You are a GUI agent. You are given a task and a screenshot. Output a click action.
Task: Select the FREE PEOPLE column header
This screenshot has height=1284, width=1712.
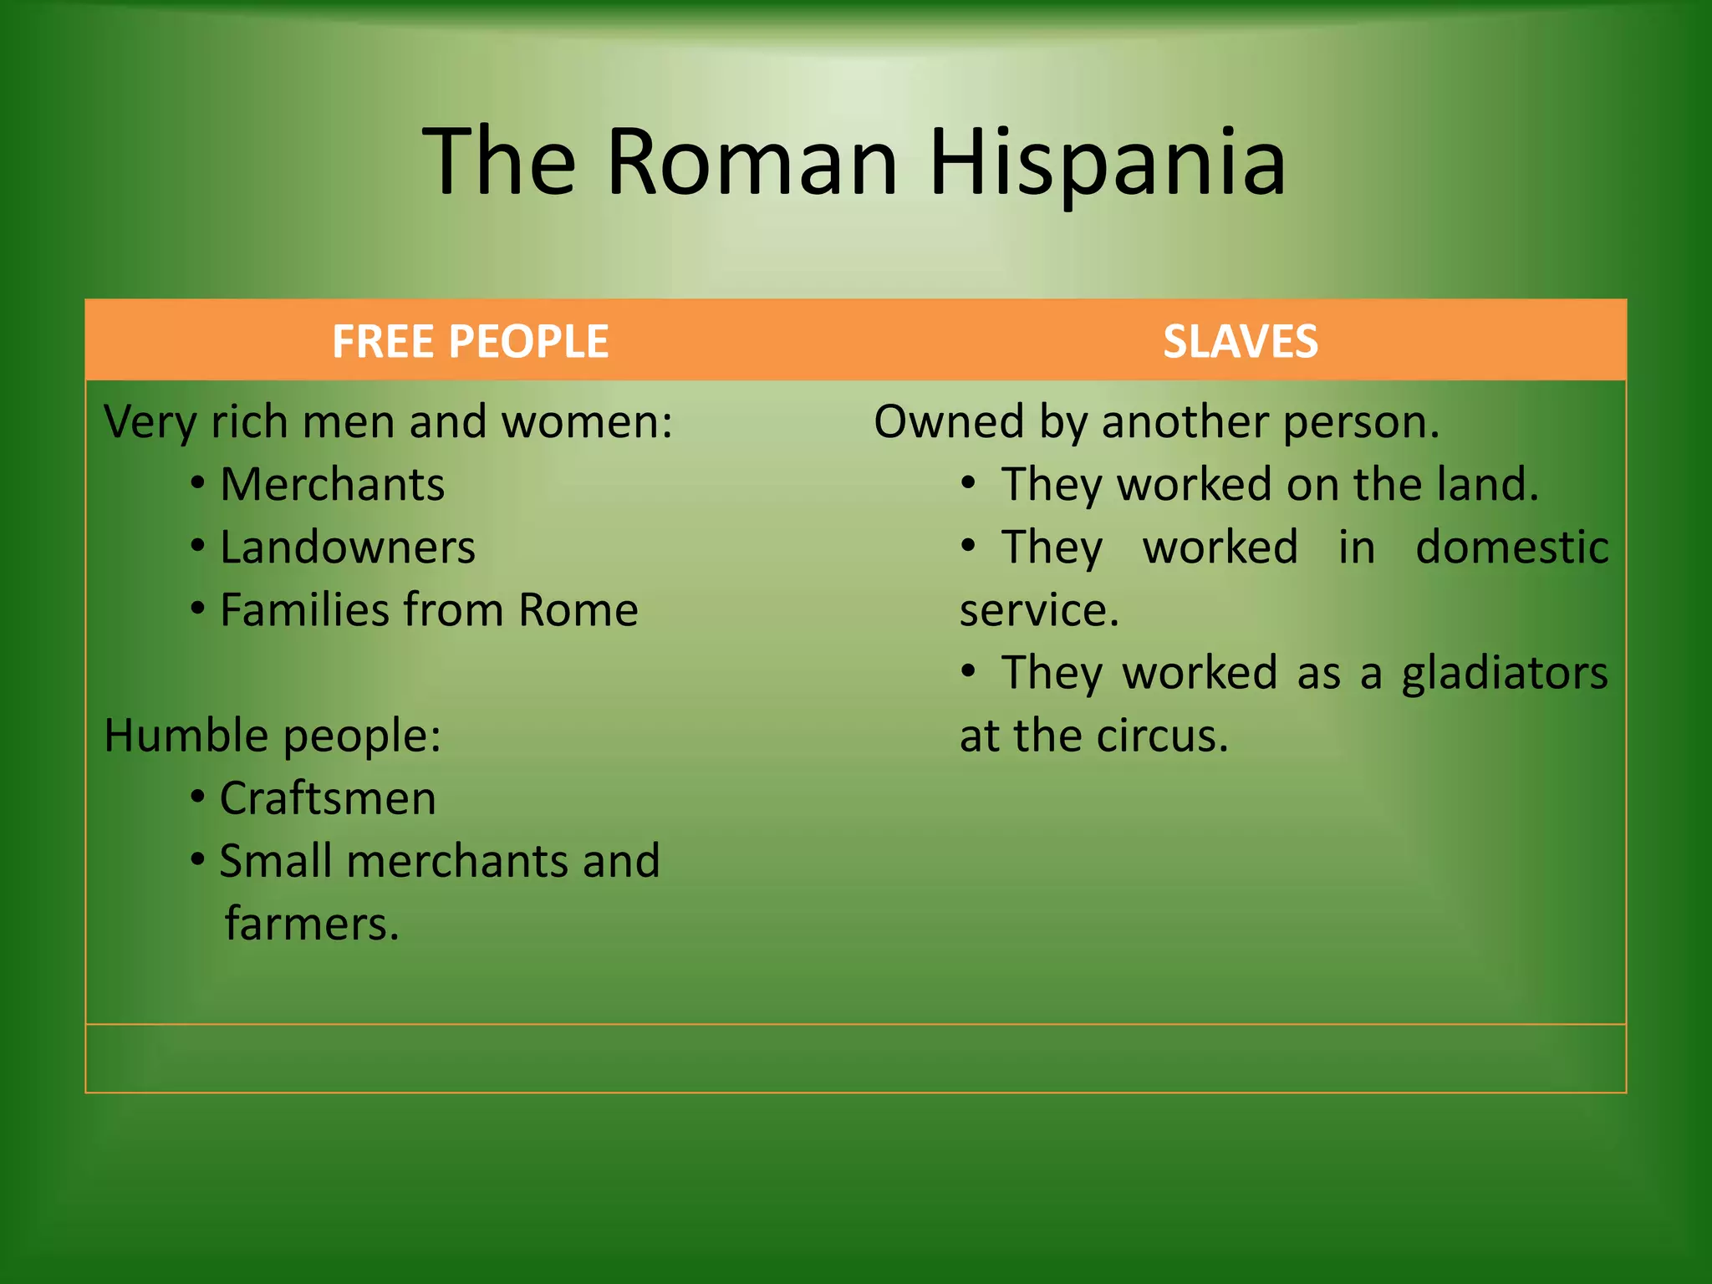pyautogui.click(x=470, y=341)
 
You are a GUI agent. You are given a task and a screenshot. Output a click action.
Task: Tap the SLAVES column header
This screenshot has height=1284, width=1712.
pyautogui.click(x=1241, y=341)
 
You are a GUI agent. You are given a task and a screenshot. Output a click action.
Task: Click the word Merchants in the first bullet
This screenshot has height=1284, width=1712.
pyautogui.click(x=332, y=485)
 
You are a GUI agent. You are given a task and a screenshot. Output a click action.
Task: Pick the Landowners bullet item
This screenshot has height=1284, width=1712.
pyautogui.click(x=347, y=548)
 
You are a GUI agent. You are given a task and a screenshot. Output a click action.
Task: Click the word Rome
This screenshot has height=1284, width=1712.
pyautogui.click(x=578, y=610)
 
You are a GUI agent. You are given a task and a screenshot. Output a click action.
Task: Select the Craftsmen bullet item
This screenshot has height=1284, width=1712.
pyautogui.click(x=328, y=798)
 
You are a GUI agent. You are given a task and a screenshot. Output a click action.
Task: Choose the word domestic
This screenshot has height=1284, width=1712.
pyautogui.click(x=1511, y=548)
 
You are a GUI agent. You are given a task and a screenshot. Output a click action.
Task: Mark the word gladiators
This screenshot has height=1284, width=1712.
pyautogui.click(x=1504, y=674)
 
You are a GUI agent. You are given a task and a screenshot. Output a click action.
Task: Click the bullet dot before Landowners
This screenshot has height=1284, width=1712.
pyautogui.click(x=197, y=547)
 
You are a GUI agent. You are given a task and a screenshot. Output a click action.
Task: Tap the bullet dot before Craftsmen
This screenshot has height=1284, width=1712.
pyautogui.click(x=197, y=797)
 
